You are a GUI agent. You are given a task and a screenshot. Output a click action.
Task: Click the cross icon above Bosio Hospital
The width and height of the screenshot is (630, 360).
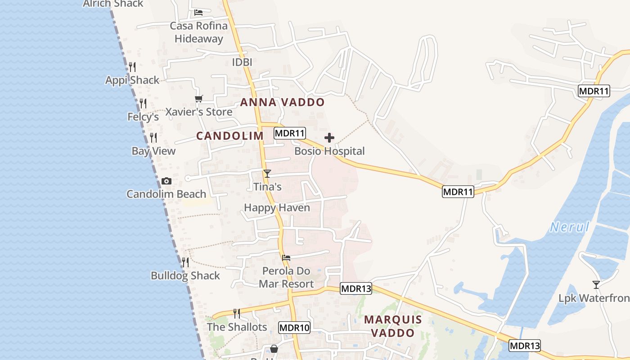click(329, 137)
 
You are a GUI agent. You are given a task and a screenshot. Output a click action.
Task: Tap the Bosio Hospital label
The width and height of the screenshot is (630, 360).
click(329, 151)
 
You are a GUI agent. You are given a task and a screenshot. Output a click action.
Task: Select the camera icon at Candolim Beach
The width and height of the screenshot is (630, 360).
click(166, 181)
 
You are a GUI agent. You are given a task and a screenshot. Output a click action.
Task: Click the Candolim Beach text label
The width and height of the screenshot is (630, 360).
click(166, 194)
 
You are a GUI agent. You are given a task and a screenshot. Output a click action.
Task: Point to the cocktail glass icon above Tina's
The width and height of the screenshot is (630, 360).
click(267, 173)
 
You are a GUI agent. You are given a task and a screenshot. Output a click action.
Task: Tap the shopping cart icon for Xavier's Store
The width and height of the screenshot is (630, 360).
click(198, 99)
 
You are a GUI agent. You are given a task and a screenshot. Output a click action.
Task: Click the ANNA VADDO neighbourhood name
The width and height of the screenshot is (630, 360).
click(282, 102)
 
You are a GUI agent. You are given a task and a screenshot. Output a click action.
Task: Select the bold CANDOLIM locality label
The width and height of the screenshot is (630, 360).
click(230, 136)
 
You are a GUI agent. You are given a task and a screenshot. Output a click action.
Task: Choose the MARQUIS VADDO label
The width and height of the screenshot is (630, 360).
click(393, 326)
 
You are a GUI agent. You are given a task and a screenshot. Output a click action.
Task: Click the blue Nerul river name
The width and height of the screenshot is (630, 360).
click(570, 227)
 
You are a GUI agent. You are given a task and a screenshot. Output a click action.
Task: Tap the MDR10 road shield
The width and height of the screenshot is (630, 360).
click(294, 328)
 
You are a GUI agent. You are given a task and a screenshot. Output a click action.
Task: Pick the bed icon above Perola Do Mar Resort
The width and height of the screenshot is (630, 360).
click(286, 258)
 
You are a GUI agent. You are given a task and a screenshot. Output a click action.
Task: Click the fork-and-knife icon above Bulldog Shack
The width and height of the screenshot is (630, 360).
click(185, 262)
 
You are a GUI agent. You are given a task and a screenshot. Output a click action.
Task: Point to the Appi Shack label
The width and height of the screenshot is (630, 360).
click(132, 80)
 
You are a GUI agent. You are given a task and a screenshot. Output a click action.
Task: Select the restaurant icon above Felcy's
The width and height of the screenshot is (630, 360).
click(143, 103)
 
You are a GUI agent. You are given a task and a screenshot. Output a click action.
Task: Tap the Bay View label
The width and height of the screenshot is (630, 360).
click(153, 151)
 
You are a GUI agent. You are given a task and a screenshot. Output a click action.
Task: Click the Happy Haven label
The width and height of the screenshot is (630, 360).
click(277, 207)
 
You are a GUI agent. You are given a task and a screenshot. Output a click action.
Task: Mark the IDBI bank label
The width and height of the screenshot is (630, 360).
click(242, 62)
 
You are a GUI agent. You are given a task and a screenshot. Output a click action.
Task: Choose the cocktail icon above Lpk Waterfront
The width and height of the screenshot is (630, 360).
click(596, 284)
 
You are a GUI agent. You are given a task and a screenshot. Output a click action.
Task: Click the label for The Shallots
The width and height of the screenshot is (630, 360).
click(237, 327)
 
